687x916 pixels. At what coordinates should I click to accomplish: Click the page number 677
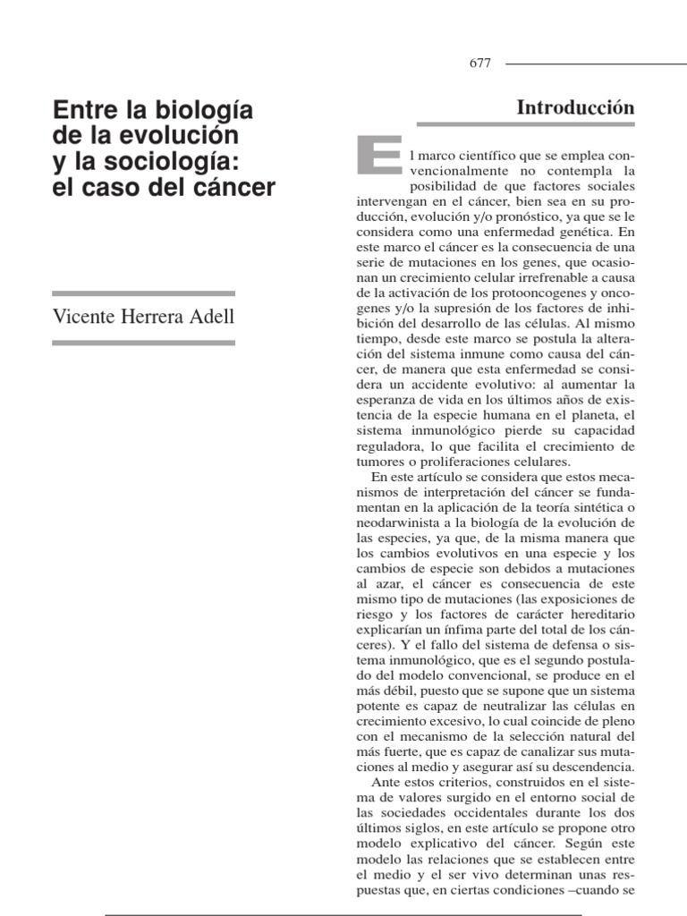(x=479, y=64)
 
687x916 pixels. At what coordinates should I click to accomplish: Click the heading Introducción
(x=576, y=107)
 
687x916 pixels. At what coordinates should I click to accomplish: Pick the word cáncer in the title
(x=231, y=189)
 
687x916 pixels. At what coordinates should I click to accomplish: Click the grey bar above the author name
(x=143, y=293)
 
